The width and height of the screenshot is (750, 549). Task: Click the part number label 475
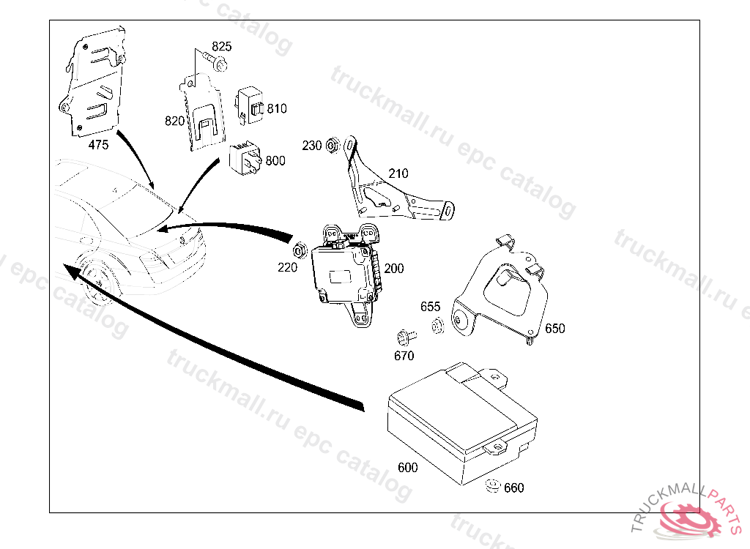98,145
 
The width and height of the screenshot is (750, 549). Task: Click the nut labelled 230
332,146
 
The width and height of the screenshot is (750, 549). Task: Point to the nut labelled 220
299,251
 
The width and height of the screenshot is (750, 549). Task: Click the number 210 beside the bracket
398,174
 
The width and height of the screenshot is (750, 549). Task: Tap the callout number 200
394,269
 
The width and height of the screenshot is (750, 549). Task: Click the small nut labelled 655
436,326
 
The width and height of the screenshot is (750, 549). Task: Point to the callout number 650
555,329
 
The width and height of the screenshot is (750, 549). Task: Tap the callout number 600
408,468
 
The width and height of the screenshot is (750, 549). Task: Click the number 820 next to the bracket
174,121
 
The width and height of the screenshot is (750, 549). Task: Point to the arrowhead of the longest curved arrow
67,270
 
